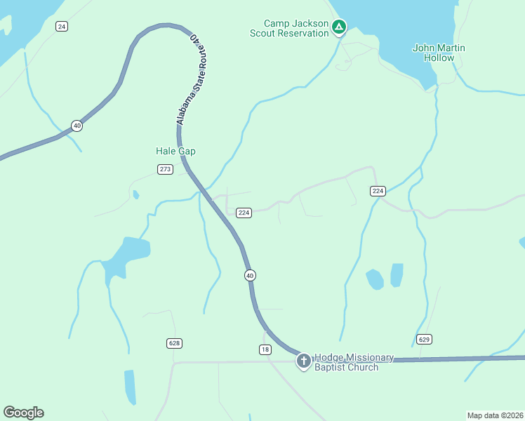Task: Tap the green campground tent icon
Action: point(339,27)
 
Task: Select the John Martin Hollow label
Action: point(439,53)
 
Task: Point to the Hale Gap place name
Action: point(175,151)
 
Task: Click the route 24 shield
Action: point(62,27)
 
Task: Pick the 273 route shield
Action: point(165,169)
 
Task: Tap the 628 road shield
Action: point(175,343)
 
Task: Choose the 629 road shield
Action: point(423,339)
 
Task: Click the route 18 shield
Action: point(265,349)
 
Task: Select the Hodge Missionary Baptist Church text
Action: point(347,362)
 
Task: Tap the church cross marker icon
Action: point(304,361)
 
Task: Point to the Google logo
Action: point(23,413)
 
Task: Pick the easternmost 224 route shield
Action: point(378,191)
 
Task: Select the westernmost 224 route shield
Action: point(244,213)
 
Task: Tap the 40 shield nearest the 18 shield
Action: point(250,276)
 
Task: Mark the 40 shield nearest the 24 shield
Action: point(77,126)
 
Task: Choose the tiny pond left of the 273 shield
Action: point(135,194)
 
